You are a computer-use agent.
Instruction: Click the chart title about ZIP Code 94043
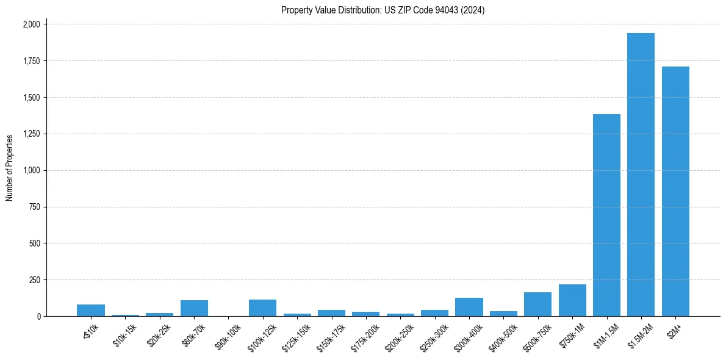pyautogui.click(x=383, y=10)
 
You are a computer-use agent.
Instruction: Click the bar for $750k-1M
pyautogui.click(x=572, y=300)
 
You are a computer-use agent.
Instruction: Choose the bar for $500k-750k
pyautogui.click(x=537, y=304)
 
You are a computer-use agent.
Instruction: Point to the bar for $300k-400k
pyautogui.click(x=469, y=307)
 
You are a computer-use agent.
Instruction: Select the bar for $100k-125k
pyautogui.click(x=262, y=308)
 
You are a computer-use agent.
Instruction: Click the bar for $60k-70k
pyautogui.click(x=194, y=308)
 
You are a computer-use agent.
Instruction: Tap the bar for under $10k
pyautogui.click(x=91, y=310)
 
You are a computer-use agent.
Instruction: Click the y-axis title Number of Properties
pyautogui.click(x=10, y=168)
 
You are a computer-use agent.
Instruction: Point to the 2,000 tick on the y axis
pyautogui.click(x=31, y=24)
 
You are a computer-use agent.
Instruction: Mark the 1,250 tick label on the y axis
pyautogui.click(x=31, y=134)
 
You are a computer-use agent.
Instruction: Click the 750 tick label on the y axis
pyautogui.click(x=35, y=207)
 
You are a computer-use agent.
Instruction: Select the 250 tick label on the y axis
pyautogui.click(x=35, y=280)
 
